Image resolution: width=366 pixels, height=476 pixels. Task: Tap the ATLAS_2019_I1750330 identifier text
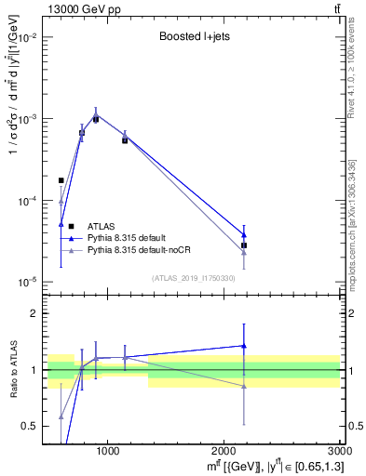tap(194, 278)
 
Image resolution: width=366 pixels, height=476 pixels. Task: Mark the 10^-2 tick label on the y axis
tap(28, 38)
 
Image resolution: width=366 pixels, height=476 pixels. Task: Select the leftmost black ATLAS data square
tap(61, 180)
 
